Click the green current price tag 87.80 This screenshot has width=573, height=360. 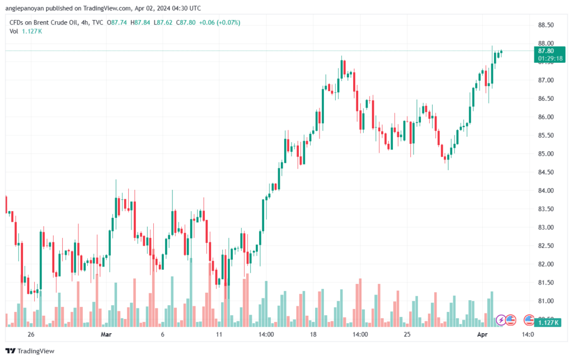tap(546, 50)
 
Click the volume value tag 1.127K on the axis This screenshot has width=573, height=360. tap(547, 322)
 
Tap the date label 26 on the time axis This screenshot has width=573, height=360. tap(31, 334)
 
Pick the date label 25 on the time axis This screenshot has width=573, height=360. tap(407, 334)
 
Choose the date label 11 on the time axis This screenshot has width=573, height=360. tap(219, 334)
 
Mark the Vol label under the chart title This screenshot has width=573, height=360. tap(15, 31)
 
